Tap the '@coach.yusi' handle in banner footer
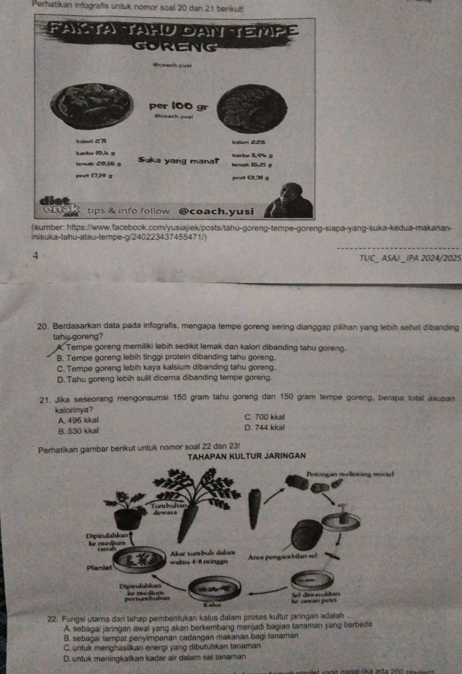coord(216,211)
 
